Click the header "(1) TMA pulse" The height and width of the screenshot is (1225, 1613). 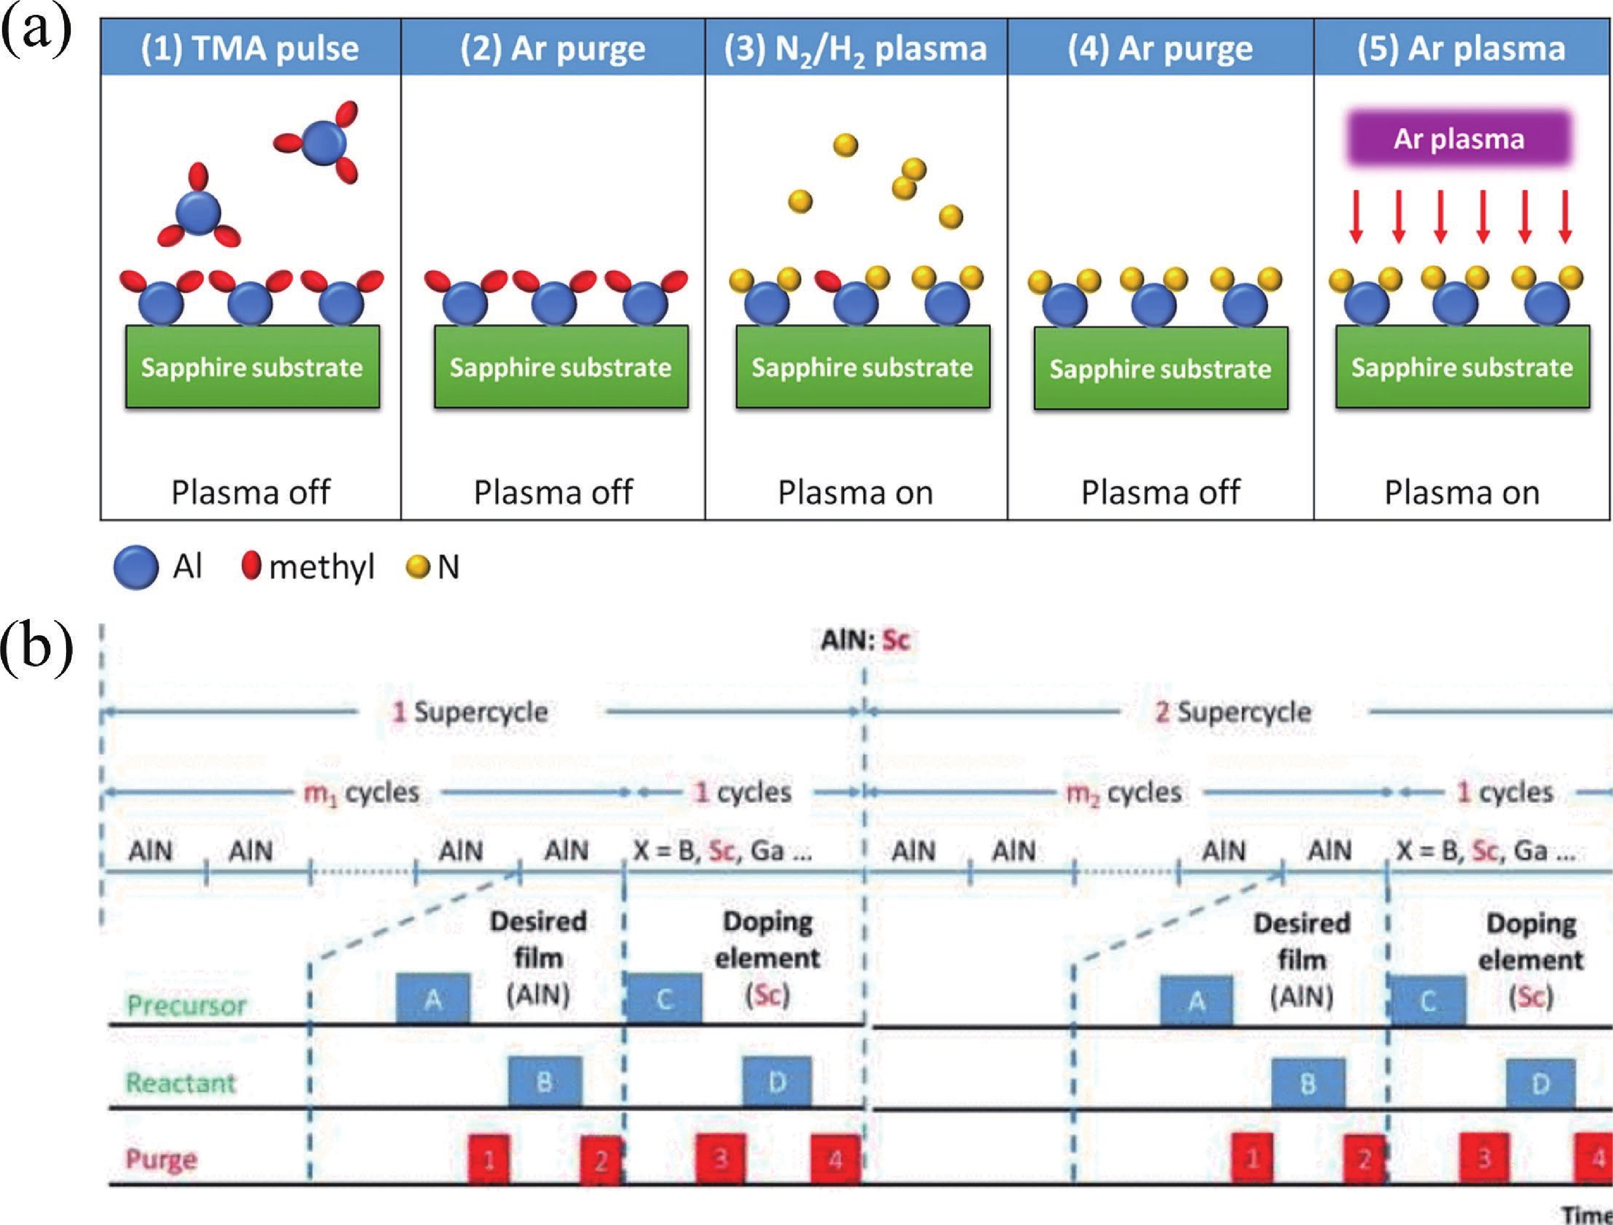coord(250,48)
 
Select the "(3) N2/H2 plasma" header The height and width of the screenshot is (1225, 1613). coord(855,48)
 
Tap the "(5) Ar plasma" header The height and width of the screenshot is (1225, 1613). coord(1461,48)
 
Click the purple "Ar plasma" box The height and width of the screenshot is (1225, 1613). coord(1458,139)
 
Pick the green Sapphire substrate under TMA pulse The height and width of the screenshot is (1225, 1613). coord(252,367)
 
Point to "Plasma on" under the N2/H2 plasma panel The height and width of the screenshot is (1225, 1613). coord(855,493)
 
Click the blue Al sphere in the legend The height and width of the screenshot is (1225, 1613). coord(136,567)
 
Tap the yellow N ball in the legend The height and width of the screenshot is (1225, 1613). coord(417,567)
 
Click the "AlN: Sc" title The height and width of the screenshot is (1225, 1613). coord(865,640)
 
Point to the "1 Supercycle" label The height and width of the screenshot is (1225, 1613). coord(471,712)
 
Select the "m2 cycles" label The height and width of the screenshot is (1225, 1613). coord(1123,792)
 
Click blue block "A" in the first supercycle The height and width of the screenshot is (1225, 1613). coord(433,998)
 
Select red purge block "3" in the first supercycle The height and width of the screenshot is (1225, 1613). coord(720,1158)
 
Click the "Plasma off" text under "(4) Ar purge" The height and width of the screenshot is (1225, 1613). coord(1160,493)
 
